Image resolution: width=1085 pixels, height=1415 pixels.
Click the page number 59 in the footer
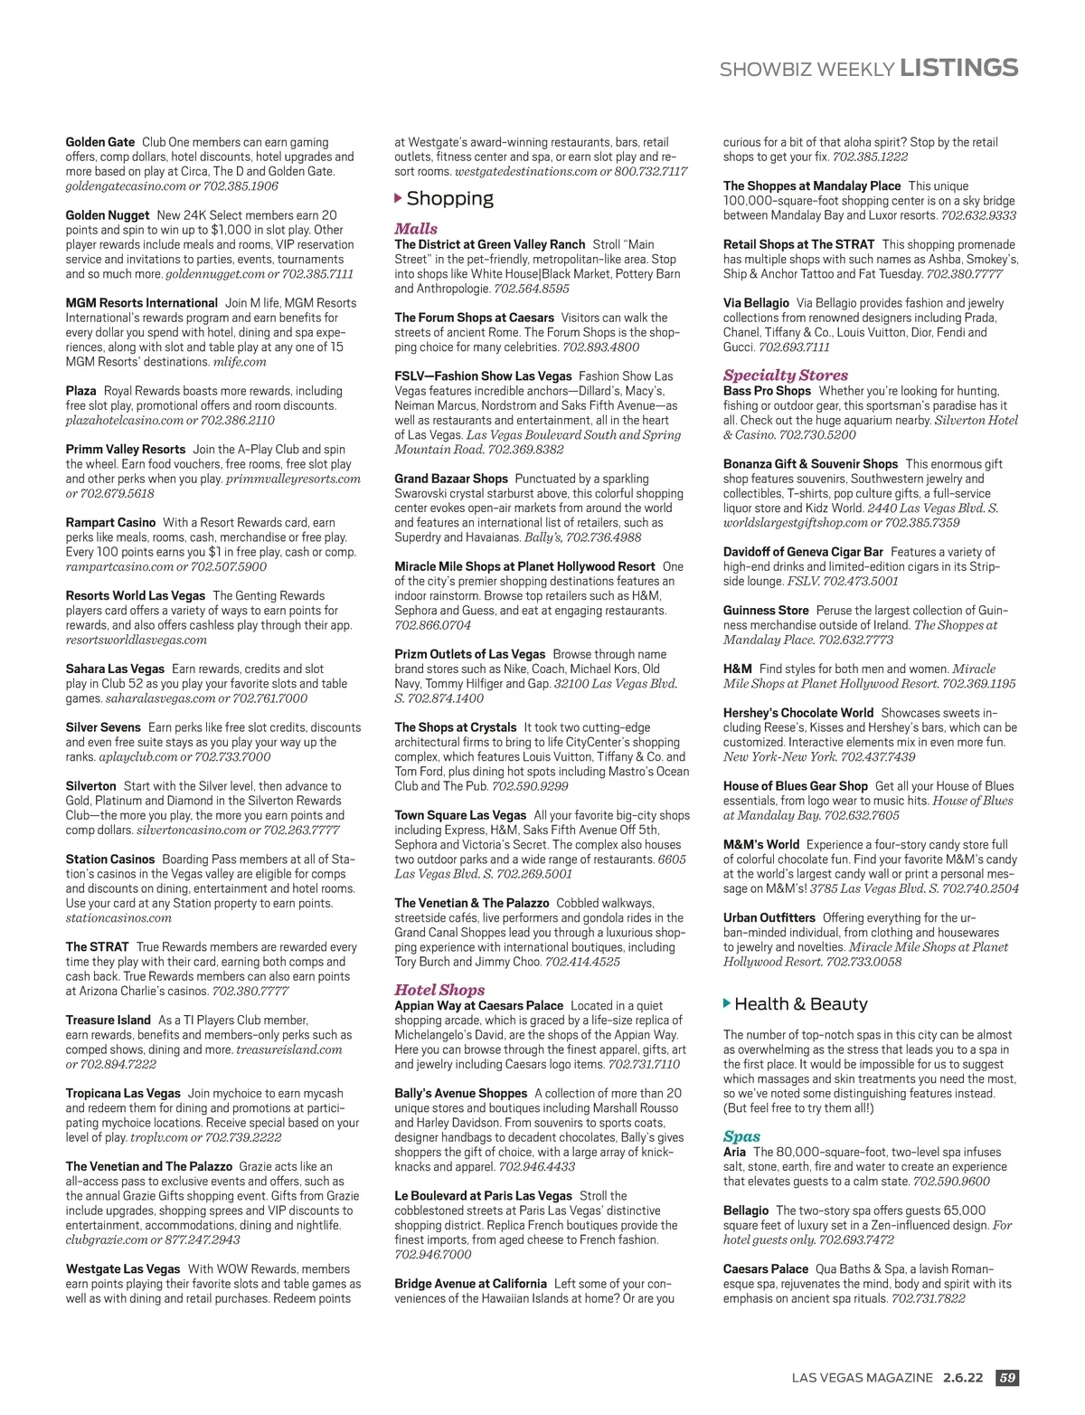(1007, 1378)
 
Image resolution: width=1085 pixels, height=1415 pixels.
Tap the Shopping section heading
(449, 198)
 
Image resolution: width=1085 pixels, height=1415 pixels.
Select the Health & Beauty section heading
(800, 1003)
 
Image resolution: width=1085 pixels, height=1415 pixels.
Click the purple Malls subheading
(416, 229)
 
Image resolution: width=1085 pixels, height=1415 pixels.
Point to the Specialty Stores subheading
(785, 375)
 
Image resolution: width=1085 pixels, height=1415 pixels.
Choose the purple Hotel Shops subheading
(439, 990)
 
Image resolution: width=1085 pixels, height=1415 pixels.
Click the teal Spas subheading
(741, 1136)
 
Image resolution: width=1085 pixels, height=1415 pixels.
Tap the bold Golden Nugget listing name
(108, 215)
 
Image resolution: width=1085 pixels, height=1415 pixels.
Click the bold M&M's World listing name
(761, 845)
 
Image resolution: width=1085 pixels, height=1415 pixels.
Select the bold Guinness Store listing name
(766, 611)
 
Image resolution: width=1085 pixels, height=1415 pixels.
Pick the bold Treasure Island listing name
(108, 1021)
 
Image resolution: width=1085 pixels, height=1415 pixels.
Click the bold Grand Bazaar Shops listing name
(451, 479)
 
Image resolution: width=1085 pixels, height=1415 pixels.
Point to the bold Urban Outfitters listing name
(769, 918)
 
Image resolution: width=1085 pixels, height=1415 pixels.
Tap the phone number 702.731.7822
(928, 1298)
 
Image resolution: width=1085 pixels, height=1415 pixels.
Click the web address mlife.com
(240, 362)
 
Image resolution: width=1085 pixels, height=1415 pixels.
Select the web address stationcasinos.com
(118, 918)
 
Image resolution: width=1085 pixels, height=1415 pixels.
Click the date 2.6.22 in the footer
(962, 1378)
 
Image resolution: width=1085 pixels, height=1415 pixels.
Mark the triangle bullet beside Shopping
(399, 198)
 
